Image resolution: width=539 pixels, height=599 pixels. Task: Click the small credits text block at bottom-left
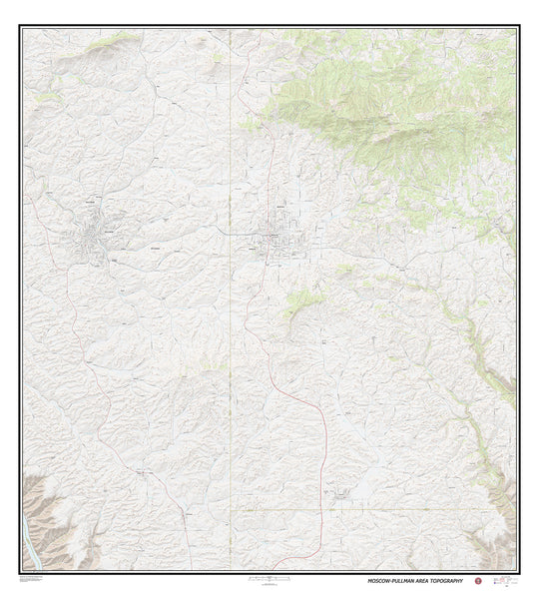(x=40, y=579)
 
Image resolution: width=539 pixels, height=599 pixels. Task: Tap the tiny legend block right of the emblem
(x=507, y=580)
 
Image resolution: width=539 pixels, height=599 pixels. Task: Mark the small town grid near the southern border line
(x=339, y=492)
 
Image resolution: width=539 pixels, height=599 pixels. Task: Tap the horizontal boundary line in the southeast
(x=399, y=508)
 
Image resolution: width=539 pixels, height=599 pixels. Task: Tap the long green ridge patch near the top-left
(x=110, y=45)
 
